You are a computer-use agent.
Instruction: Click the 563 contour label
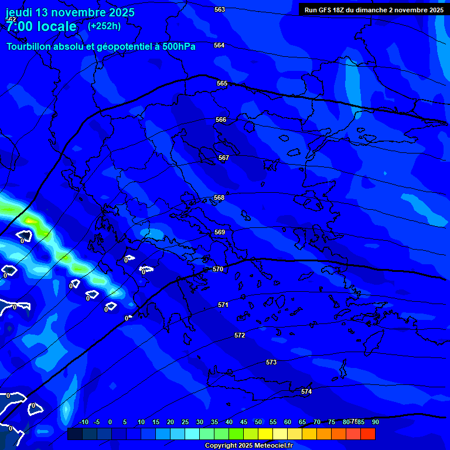(x=220, y=9)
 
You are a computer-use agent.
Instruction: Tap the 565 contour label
(x=222, y=83)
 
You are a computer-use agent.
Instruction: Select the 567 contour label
(x=224, y=158)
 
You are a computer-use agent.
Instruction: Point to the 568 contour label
(x=219, y=197)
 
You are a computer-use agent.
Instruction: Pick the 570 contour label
(x=218, y=269)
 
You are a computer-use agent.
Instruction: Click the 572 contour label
(x=240, y=335)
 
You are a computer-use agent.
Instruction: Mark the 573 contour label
(x=271, y=362)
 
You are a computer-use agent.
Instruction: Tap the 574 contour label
(x=306, y=391)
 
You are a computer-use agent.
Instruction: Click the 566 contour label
(x=221, y=120)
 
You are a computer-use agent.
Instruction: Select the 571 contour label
(x=223, y=305)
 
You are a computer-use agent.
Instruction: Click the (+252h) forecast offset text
(x=104, y=26)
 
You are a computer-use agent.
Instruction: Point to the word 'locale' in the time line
(x=56, y=26)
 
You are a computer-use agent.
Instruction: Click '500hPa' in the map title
(x=175, y=47)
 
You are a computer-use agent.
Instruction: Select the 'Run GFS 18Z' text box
(x=374, y=10)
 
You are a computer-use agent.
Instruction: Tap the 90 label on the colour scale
(x=375, y=422)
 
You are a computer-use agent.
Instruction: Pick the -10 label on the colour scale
(x=83, y=422)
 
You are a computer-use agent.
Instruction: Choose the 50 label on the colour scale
(x=258, y=422)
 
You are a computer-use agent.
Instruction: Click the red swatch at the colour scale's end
(x=368, y=434)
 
